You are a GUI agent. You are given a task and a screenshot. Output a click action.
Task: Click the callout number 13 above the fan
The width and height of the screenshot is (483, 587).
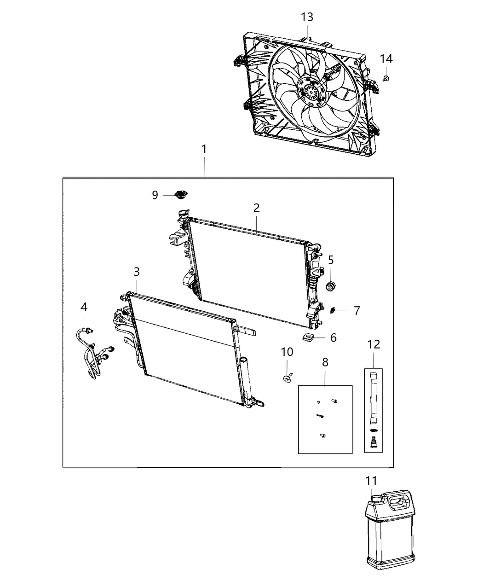click(307, 17)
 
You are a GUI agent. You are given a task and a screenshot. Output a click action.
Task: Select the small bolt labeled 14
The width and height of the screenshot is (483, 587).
click(386, 78)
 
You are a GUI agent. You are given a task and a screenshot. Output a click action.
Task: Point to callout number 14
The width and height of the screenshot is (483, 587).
click(386, 58)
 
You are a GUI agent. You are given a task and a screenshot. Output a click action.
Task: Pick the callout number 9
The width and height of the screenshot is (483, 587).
click(155, 195)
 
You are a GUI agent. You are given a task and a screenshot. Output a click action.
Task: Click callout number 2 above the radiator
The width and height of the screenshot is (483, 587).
click(256, 208)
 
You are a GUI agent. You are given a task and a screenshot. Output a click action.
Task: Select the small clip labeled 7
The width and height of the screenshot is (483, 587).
click(333, 311)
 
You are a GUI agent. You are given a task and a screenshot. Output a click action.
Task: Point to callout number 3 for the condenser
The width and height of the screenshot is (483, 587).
click(137, 272)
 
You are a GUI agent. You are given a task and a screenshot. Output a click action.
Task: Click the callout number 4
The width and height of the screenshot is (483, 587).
click(84, 307)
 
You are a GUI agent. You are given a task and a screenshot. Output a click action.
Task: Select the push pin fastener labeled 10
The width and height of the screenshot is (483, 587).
click(287, 378)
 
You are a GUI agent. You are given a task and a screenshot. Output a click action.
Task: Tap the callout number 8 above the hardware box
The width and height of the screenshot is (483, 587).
click(325, 362)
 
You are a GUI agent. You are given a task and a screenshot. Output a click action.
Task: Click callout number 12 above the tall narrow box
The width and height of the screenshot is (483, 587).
click(374, 344)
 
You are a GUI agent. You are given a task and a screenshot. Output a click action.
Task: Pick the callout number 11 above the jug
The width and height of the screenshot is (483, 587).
click(371, 481)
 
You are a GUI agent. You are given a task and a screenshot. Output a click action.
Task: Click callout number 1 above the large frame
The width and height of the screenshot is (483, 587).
click(203, 149)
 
